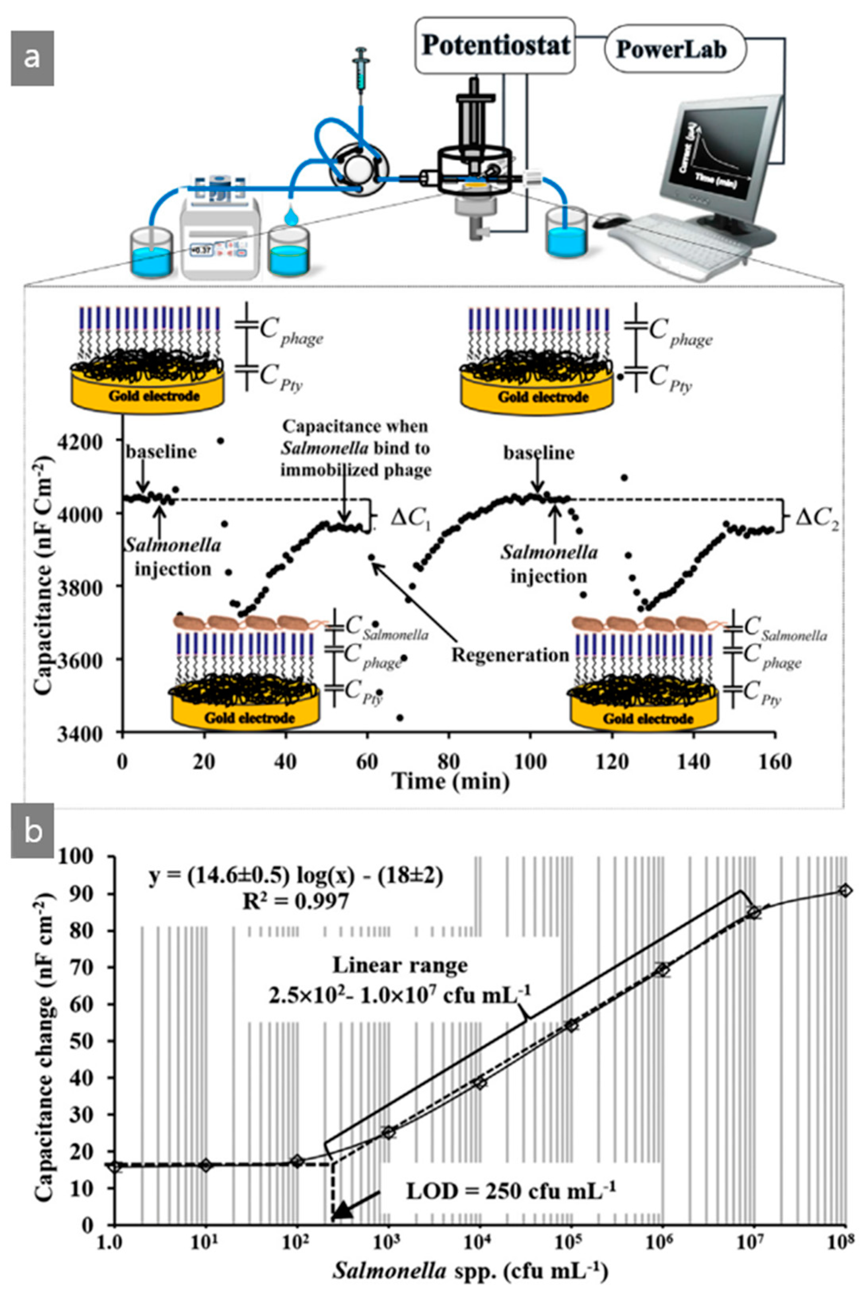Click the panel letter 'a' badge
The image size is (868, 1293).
tap(32, 58)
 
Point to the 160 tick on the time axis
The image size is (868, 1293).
tap(775, 761)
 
